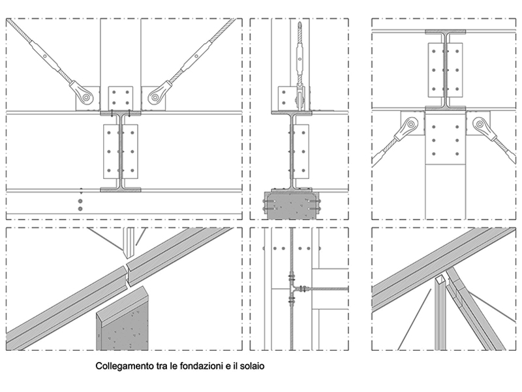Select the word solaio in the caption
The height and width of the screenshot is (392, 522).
251,367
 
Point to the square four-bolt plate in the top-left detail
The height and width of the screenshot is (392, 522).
120,98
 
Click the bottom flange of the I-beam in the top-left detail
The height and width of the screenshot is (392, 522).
120,189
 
